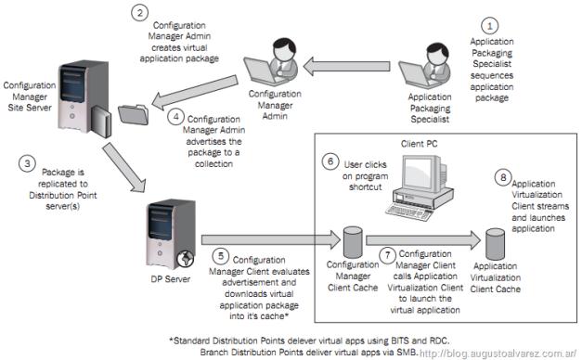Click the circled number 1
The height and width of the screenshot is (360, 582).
click(x=489, y=26)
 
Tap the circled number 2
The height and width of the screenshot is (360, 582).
click(x=140, y=12)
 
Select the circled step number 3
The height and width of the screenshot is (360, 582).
click(x=27, y=163)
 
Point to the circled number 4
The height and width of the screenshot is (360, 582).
click(x=176, y=117)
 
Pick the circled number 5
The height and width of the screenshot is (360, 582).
click(x=221, y=256)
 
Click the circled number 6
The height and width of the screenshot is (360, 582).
click(x=330, y=161)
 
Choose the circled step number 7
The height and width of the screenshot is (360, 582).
click(x=387, y=255)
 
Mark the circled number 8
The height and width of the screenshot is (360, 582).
click(x=503, y=177)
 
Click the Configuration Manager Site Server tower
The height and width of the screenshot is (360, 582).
click(x=84, y=98)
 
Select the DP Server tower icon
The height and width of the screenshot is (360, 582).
click(x=172, y=234)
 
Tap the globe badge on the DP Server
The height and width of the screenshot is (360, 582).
click(x=186, y=259)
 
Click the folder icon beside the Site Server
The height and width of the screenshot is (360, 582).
click(x=134, y=115)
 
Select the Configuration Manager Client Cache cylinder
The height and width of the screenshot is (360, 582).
click(x=353, y=242)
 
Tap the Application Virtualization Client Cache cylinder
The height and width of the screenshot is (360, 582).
click(x=495, y=244)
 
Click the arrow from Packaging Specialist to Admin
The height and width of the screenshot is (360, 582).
click(x=346, y=66)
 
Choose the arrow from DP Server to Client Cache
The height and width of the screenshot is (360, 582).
click(x=271, y=239)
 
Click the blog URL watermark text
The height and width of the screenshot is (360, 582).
click(x=498, y=354)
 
